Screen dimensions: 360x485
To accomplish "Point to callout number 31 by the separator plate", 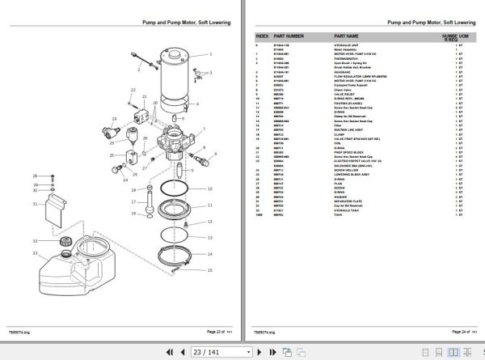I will (x=35, y=205).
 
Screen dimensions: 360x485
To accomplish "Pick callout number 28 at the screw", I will (x=35, y=176).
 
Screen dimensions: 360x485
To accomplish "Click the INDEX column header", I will (x=263, y=36).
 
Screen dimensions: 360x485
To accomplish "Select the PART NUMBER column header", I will (x=289, y=36).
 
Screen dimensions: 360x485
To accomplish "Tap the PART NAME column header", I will (x=347, y=36).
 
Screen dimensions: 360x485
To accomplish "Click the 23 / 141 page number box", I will (x=208, y=352).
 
